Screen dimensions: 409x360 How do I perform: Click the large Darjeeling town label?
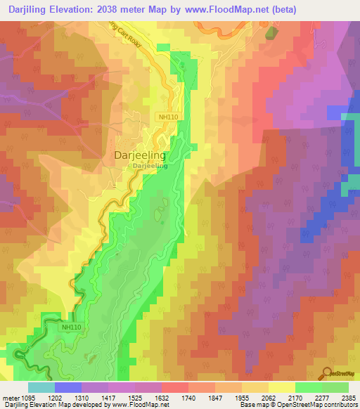[x=140, y=156]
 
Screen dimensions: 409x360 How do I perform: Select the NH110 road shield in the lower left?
[x=72, y=327]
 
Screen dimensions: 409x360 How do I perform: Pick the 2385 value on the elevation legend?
[x=346, y=398]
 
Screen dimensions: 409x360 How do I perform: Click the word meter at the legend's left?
[x=9, y=398]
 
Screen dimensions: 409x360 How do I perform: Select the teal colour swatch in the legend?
[x=41, y=387]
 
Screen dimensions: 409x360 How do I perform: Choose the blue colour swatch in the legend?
[x=67, y=387]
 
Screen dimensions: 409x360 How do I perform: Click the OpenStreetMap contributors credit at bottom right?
[x=321, y=405]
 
